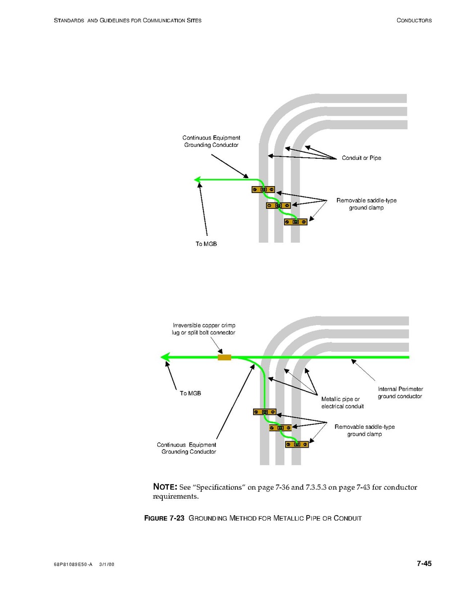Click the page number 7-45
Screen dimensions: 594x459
[x=424, y=563]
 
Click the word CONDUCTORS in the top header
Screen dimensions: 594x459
[x=414, y=20]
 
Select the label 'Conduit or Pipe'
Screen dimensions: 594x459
[x=361, y=158]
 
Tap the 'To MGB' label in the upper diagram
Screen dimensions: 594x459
[x=206, y=244]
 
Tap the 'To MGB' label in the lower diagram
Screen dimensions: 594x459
[x=191, y=393]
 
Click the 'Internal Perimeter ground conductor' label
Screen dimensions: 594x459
[x=400, y=393]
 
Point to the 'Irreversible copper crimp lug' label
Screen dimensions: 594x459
[x=203, y=329]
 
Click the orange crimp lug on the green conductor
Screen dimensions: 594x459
[x=224, y=357]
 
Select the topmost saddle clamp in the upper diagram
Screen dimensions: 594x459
[x=263, y=190]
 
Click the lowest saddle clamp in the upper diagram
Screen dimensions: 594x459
[x=296, y=222]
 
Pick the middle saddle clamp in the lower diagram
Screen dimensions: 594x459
[x=280, y=428]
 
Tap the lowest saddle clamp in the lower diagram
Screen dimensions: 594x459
[x=297, y=444]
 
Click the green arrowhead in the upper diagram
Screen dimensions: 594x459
[x=198, y=180]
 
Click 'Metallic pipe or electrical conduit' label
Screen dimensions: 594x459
[x=342, y=402]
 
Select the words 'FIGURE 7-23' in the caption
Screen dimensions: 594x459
[x=164, y=519]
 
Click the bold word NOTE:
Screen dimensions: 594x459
[x=165, y=487]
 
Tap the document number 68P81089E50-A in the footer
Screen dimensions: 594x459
[x=73, y=565]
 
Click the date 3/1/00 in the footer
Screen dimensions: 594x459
[x=107, y=565]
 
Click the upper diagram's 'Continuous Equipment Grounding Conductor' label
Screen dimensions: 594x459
[x=211, y=141]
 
